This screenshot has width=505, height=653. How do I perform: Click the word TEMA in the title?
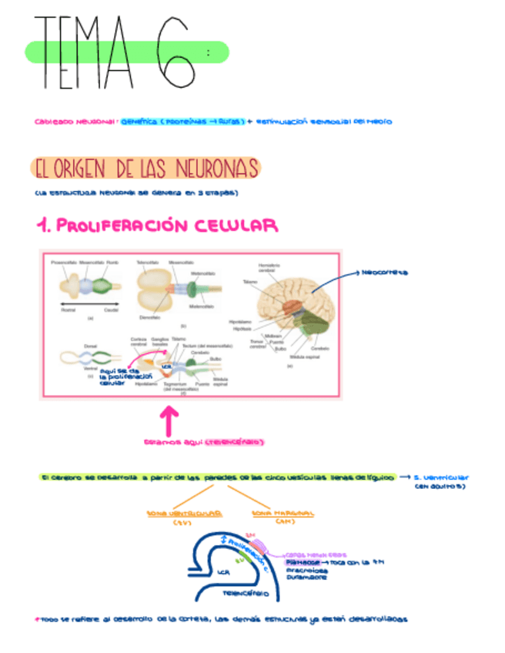point(82,52)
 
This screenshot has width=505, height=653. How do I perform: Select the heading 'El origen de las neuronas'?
point(145,167)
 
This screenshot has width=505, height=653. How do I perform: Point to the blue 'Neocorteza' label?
point(384,273)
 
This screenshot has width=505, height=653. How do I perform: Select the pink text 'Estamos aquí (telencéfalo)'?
point(205,442)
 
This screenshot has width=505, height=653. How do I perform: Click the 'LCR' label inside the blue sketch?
point(224,572)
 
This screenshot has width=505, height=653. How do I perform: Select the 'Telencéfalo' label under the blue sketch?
point(245,594)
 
